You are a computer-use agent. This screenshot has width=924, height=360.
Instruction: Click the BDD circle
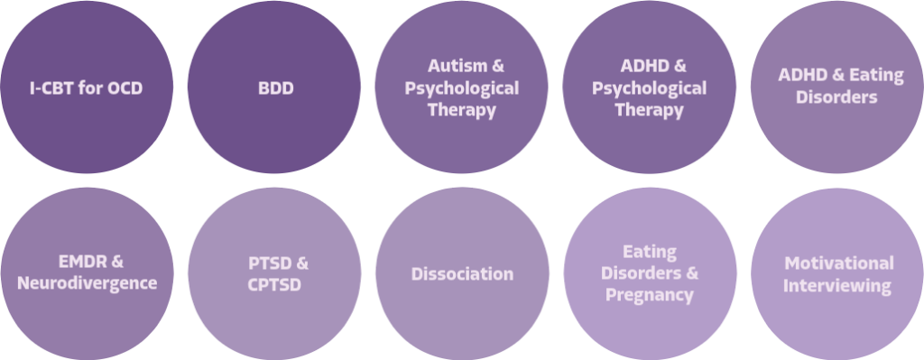pyautogui.click(x=274, y=88)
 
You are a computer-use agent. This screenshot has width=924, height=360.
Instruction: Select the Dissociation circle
pyautogui.click(x=462, y=273)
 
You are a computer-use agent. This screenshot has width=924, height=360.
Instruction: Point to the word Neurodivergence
pyautogui.click(x=88, y=283)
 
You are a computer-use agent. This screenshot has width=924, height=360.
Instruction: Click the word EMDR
pyautogui.click(x=75, y=261)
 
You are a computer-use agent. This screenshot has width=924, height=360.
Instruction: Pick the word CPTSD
pyautogui.click(x=274, y=284)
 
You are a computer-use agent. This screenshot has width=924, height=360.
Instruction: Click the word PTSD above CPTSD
pyautogui.click(x=268, y=263)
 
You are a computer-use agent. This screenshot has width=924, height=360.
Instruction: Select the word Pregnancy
pyautogui.click(x=650, y=295)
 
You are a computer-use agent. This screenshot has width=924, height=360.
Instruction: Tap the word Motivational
pyautogui.click(x=839, y=263)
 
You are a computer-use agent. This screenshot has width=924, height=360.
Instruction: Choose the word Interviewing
pyautogui.click(x=836, y=286)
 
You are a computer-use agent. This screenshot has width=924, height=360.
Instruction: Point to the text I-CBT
pyautogui.click(x=51, y=88)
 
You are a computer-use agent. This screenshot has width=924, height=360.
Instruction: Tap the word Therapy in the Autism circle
pyautogui.click(x=462, y=110)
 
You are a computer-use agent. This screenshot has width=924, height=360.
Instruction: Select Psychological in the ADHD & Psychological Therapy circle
pyautogui.click(x=649, y=88)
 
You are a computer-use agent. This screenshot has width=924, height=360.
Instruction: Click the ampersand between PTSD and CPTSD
pyautogui.click(x=300, y=263)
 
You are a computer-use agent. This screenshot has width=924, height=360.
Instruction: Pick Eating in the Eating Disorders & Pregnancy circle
pyautogui.click(x=650, y=252)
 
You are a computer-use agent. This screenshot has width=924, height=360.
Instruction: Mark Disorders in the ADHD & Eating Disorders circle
pyautogui.click(x=836, y=97)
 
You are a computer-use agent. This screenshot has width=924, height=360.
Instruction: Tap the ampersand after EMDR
pyautogui.click(x=116, y=261)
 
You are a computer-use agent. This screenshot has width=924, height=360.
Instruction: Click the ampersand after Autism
pyautogui.click(x=498, y=65)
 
